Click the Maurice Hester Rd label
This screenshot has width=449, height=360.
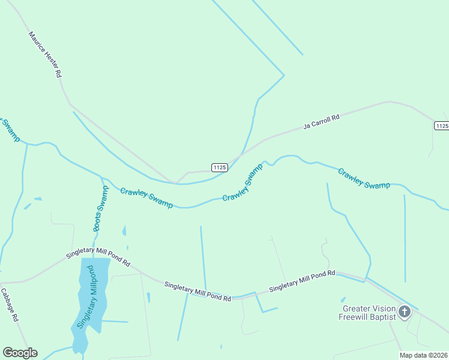[46, 54]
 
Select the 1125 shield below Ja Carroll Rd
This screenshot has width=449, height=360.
[220, 166]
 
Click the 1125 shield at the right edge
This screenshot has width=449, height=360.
[441, 125]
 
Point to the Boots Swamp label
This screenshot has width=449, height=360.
[101, 209]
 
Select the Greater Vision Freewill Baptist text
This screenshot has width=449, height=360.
[367, 312]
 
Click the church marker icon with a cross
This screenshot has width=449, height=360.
[405, 311]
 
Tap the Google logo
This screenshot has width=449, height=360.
[20, 353]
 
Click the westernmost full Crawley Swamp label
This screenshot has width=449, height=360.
[146, 198]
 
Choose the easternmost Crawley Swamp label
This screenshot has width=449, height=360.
[364, 178]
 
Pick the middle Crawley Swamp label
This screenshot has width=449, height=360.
[243, 182]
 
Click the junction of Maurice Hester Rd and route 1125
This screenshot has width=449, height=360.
[176, 182]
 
